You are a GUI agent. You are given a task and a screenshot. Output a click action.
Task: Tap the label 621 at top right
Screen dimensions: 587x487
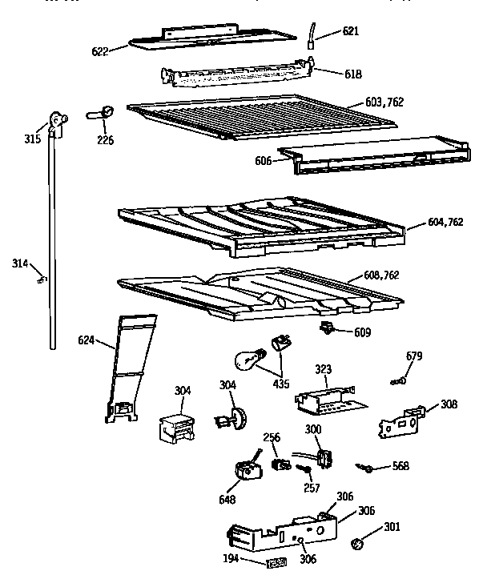pos(351,31)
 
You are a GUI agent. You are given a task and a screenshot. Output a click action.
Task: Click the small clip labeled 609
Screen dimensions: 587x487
pos(326,327)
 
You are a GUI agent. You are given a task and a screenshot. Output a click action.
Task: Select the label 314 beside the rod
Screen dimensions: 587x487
pos(21,263)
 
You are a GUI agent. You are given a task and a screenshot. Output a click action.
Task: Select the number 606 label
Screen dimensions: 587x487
pos(262,160)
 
